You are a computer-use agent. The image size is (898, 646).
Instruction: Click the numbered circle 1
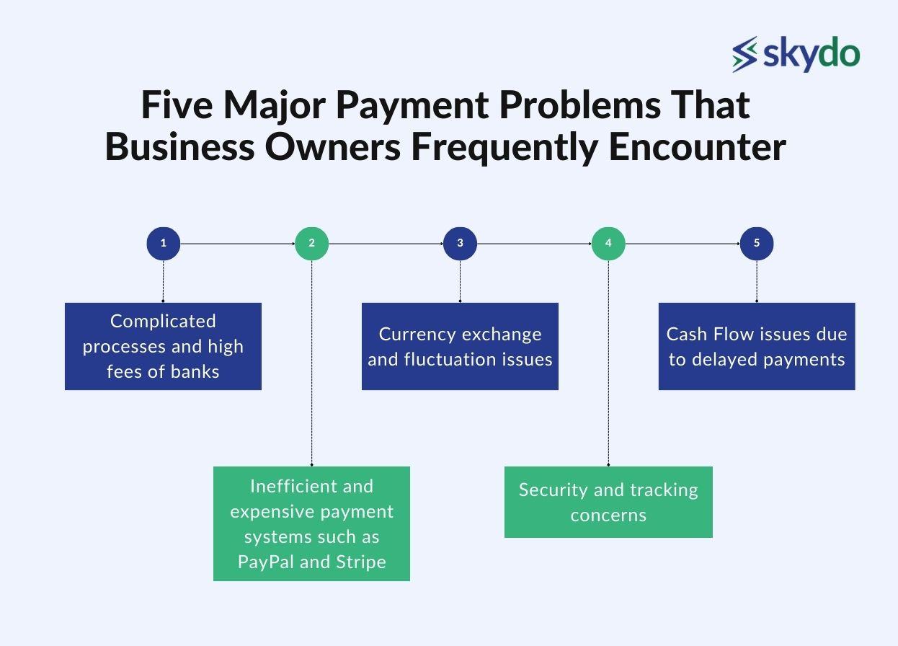164,244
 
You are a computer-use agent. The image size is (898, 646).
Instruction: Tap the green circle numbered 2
312,244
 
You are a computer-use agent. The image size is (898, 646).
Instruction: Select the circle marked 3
460,244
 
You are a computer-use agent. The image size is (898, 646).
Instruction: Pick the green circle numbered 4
608,244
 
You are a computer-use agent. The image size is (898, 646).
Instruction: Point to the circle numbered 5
757,244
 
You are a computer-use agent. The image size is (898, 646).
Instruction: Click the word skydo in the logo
811,55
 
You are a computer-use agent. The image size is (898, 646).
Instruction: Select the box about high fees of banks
163,346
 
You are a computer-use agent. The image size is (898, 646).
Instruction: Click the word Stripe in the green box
360,562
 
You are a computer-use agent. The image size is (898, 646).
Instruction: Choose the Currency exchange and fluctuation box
460,346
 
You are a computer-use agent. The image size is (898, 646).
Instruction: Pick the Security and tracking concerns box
608,502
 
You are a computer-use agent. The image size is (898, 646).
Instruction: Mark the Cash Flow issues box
757,346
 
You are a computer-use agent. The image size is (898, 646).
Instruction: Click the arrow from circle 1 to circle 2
237,244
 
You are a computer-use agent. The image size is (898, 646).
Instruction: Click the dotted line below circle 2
312,360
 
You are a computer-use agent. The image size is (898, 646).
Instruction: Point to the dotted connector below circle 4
608,360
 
